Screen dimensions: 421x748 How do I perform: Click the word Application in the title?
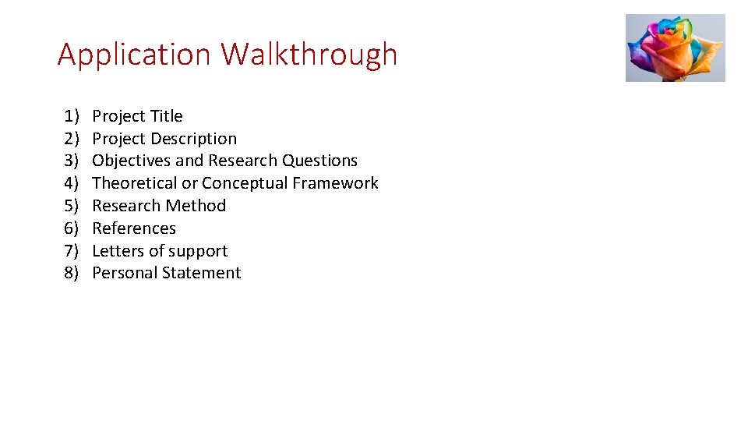coord(134,55)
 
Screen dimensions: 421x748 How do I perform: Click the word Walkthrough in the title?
coord(309,55)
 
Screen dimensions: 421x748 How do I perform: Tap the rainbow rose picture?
coord(675,48)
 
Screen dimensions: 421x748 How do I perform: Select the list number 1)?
coord(72,116)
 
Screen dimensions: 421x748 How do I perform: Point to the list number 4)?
coord(72,183)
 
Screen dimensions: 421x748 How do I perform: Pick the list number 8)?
coord(72,273)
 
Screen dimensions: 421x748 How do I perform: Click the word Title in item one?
coord(166,116)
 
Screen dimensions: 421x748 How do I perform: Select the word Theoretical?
coord(135,183)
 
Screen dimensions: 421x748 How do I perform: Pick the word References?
coord(134,228)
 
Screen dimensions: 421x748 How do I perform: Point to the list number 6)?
coord(72,228)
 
